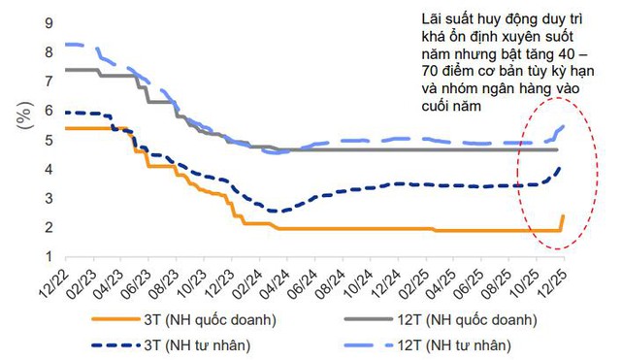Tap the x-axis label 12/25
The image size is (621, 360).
click(x=557, y=280)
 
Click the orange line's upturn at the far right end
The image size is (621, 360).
click(x=563, y=218)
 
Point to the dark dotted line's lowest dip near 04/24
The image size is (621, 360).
click(x=277, y=211)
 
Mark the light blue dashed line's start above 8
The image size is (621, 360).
click(x=66, y=44)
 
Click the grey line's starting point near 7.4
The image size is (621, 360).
click(x=66, y=70)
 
